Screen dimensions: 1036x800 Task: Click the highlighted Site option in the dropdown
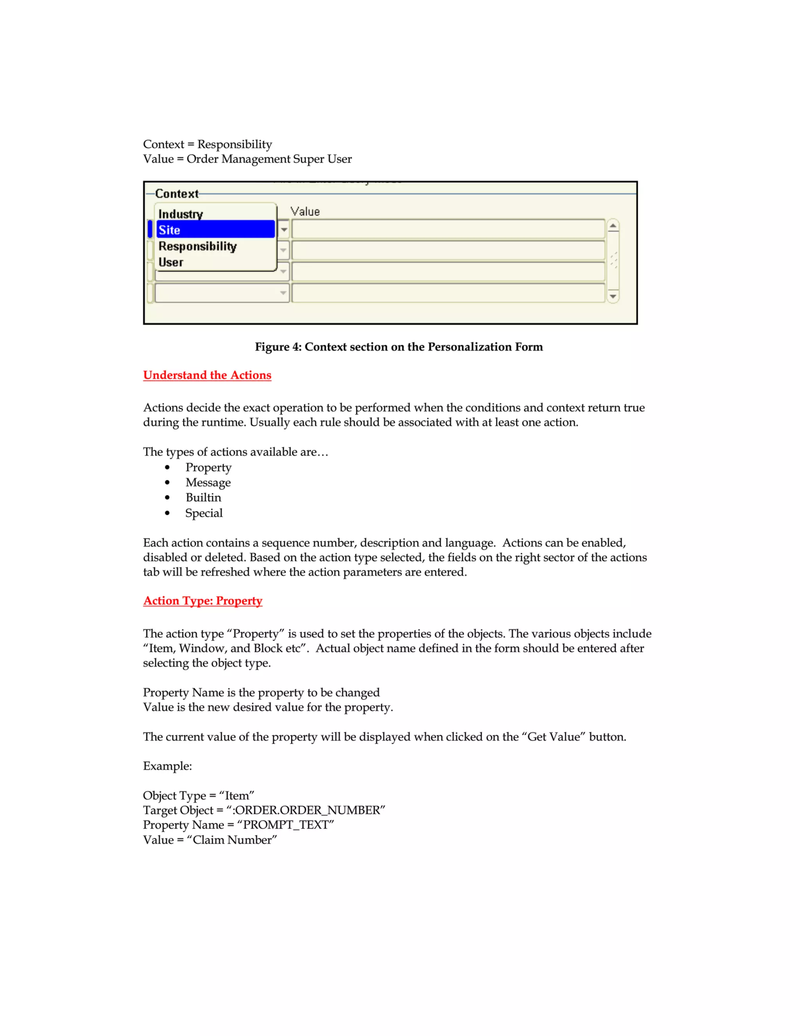[215, 229]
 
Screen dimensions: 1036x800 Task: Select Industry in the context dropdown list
[180, 214]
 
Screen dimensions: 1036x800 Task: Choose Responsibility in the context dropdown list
[197, 246]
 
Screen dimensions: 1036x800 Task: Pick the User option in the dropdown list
[171, 262]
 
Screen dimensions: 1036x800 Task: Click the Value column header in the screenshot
[305, 212]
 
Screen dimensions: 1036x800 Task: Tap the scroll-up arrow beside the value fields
[613, 226]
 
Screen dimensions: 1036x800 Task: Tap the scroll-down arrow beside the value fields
[613, 296]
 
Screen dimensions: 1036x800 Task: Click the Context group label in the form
[177, 194]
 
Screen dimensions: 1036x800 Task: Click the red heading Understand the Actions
[207, 375]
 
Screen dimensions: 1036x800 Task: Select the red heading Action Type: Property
[202, 600]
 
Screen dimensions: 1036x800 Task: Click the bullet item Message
[208, 482]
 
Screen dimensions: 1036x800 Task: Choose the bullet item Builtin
[203, 498]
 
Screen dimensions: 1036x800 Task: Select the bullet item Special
[204, 513]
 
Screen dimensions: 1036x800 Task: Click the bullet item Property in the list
[209, 467]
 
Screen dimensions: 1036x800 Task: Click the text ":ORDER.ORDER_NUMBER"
[306, 810]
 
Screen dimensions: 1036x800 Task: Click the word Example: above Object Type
[167, 766]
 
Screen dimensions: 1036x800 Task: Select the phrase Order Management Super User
[269, 159]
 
